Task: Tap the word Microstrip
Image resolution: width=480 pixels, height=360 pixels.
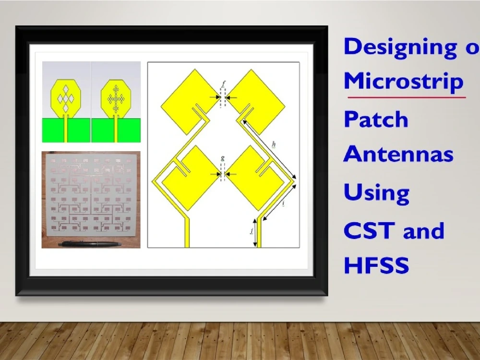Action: (403, 82)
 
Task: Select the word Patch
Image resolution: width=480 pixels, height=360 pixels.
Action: (376, 119)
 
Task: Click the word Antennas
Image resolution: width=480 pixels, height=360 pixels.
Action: (398, 155)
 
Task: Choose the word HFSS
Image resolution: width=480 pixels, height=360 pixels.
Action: (376, 265)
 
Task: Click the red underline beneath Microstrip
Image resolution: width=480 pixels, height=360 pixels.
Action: (406, 97)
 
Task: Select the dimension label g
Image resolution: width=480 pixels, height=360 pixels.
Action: (222, 158)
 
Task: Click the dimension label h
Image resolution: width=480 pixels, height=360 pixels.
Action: (274, 144)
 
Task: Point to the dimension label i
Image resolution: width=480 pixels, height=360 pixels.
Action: (284, 204)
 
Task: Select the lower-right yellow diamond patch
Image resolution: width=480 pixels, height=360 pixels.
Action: (255, 177)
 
